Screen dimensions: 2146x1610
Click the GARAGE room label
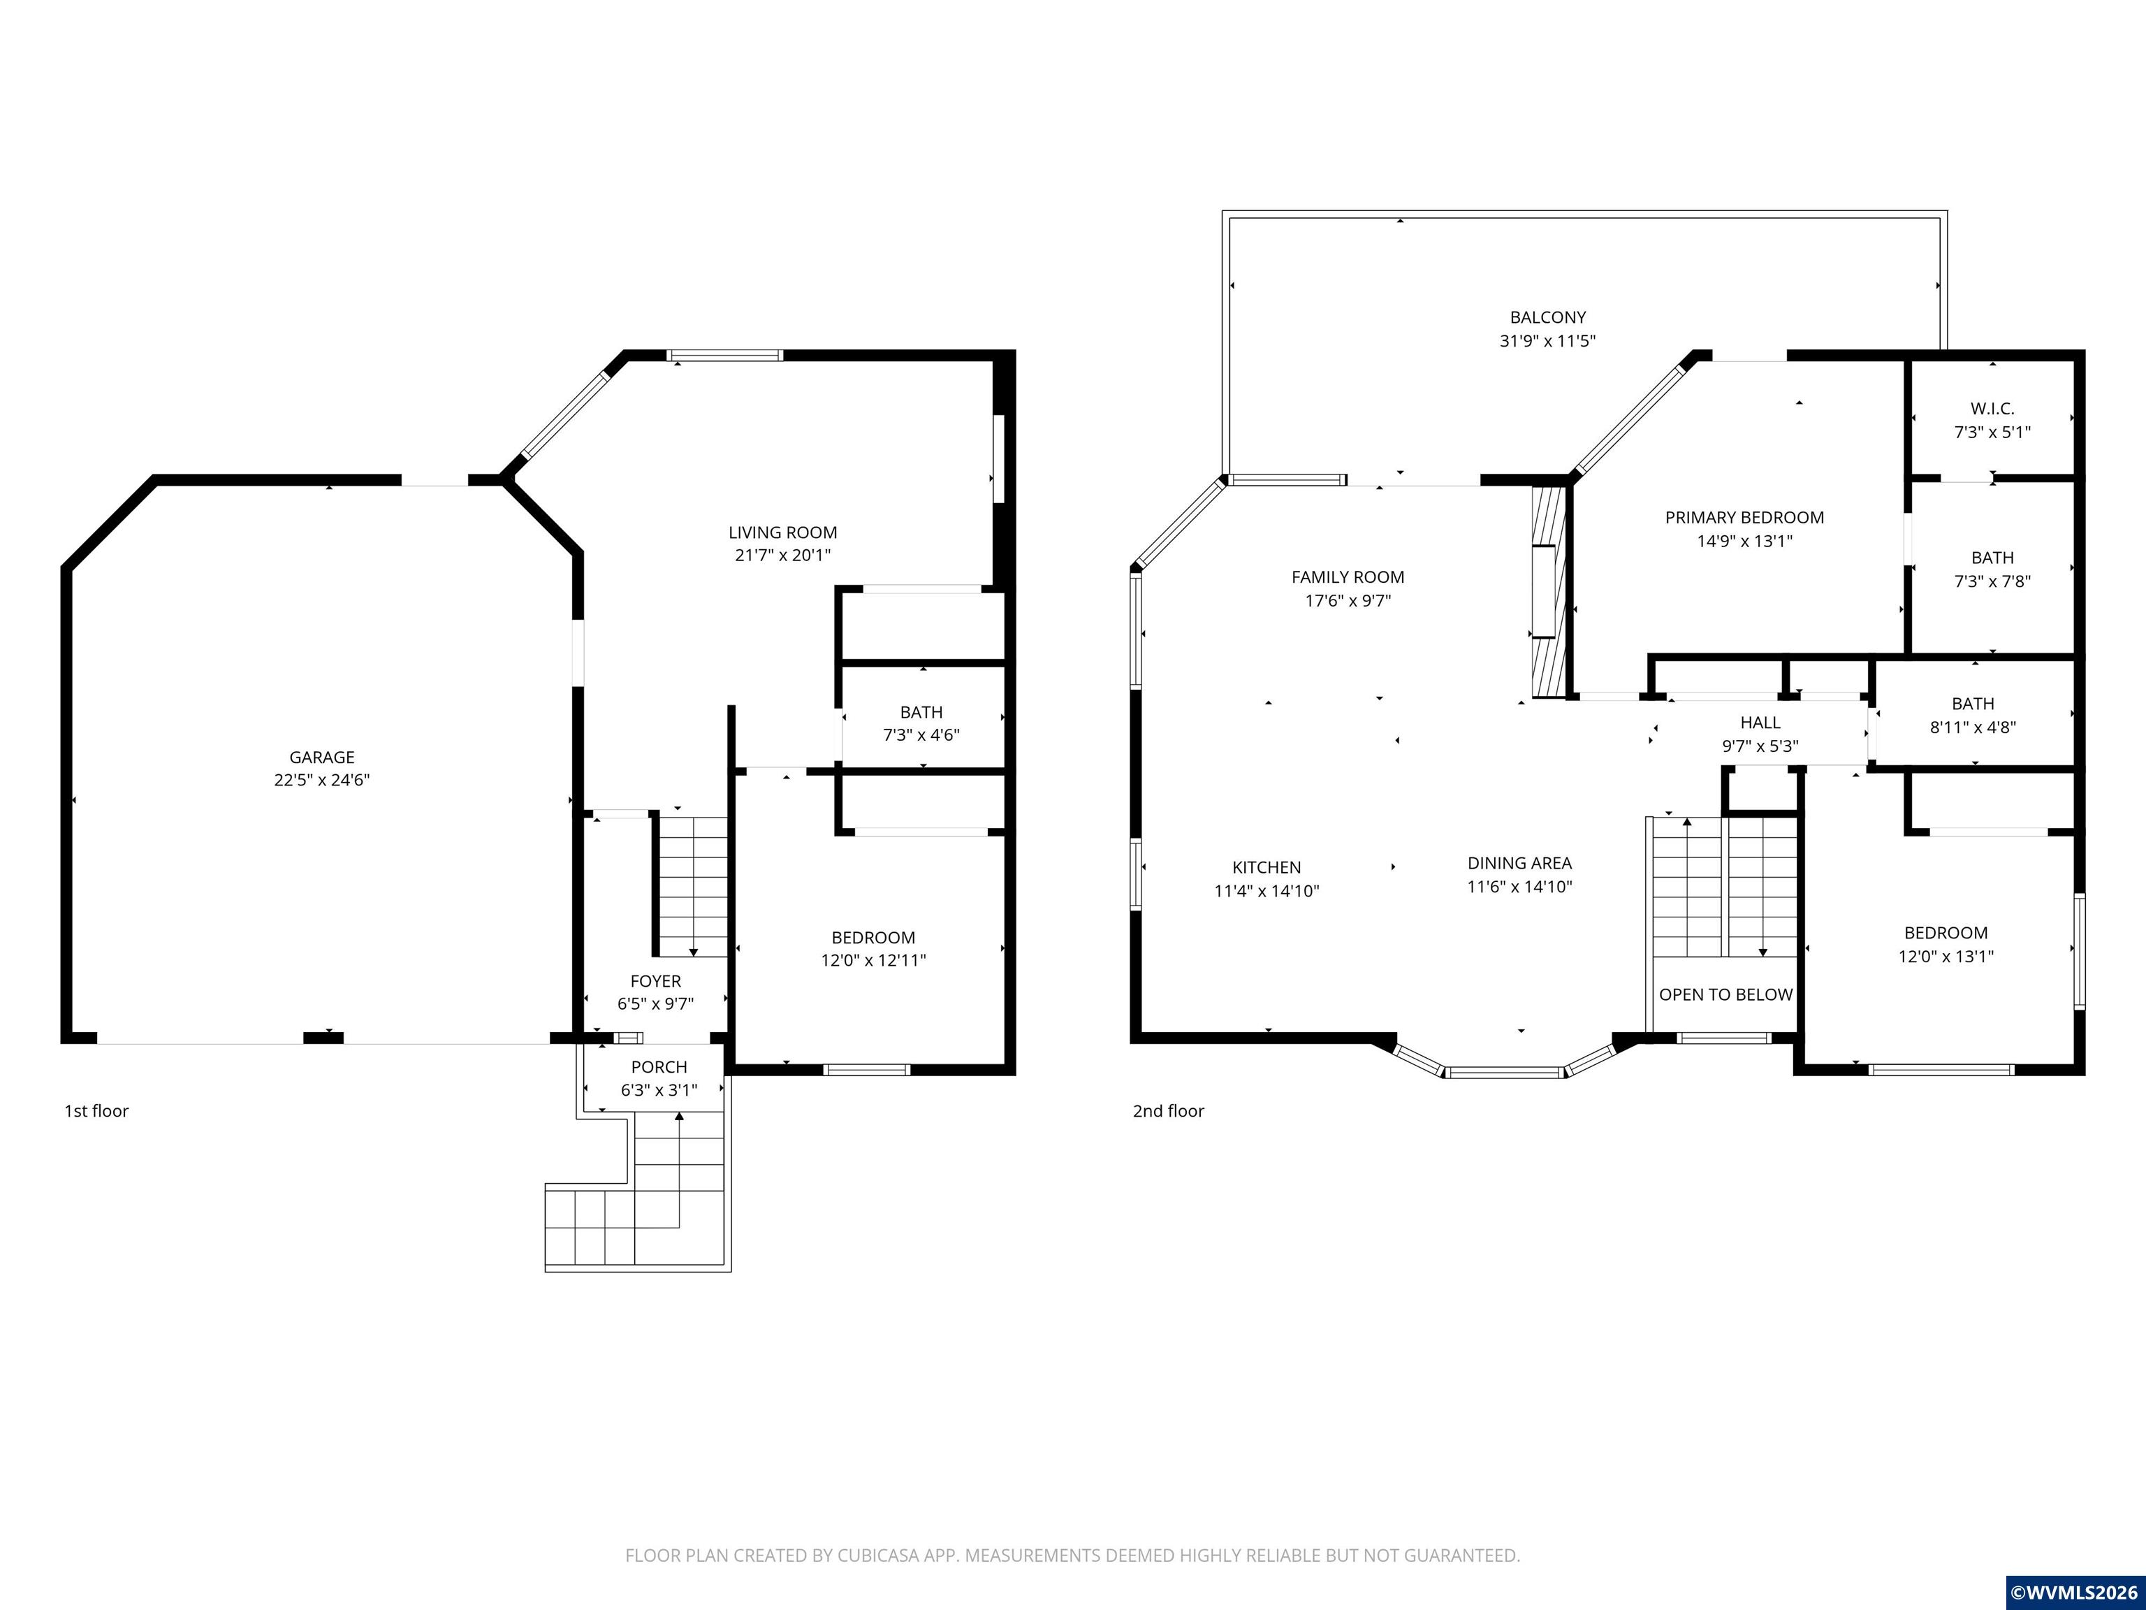click(322, 757)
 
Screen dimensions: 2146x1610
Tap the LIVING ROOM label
click(783, 532)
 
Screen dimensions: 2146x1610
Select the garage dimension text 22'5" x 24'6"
click(322, 781)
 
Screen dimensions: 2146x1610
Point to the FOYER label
click(656, 981)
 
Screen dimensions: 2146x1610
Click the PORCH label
click(659, 1066)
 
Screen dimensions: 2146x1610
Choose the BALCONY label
click(1549, 317)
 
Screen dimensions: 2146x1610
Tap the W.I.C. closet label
click(1993, 409)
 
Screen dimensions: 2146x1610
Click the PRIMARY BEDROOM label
click(1744, 517)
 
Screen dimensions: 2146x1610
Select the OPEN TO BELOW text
click(1726, 995)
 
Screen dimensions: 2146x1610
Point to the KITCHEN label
click(1267, 868)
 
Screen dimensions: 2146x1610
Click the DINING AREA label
click(1519, 863)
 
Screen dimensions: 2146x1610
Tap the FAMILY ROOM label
click(1348, 576)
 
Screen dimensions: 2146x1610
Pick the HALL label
click(1760, 722)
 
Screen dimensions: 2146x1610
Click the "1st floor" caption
click(96, 1111)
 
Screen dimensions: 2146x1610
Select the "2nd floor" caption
click(1168, 1111)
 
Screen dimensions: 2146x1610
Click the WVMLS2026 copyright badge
click(2074, 1593)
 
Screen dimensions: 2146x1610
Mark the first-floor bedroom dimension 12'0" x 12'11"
click(873, 961)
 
